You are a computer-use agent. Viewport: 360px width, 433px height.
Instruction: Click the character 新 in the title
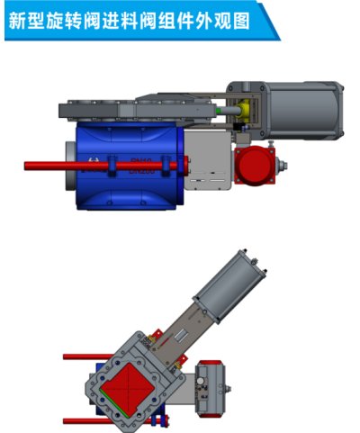tap(18, 19)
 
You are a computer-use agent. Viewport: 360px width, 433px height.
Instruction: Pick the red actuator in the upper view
tap(254, 167)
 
